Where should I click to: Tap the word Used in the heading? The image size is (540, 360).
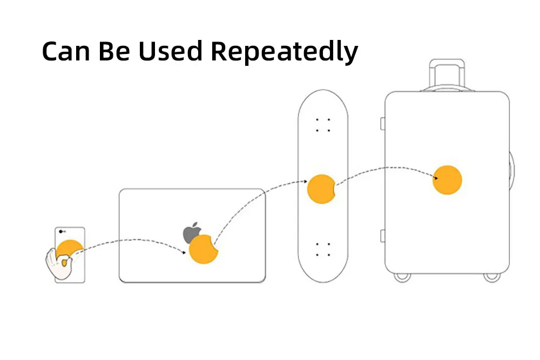(169, 51)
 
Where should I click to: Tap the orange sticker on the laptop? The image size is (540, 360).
(203, 249)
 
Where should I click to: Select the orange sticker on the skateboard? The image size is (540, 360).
(322, 189)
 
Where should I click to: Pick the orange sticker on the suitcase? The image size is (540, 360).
(447, 180)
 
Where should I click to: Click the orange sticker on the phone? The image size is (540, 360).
(70, 249)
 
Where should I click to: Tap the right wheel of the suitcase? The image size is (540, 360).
(491, 276)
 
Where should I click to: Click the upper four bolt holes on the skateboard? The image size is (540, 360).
(323, 125)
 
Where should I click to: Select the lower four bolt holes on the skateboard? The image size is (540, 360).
(323, 249)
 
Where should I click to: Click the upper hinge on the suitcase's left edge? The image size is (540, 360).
(382, 124)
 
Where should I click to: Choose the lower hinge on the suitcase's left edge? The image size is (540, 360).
(382, 235)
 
